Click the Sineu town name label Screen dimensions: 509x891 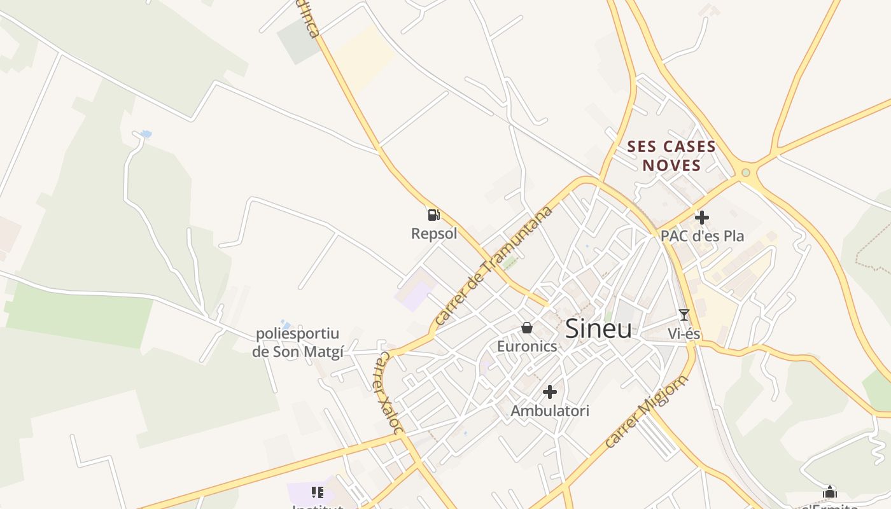pyautogui.click(x=598, y=329)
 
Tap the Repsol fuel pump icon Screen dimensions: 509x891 pyautogui.click(x=433, y=215)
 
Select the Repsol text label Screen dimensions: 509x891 pyautogui.click(x=434, y=234)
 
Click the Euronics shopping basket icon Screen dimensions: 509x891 pyautogui.click(x=527, y=328)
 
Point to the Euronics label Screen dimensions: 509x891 pyautogui.click(x=527, y=346)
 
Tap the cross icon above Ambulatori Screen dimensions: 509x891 pyautogui.click(x=550, y=392)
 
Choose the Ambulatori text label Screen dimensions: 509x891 pyautogui.click(x=550, y=410)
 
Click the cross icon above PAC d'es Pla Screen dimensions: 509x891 pyautogui.click(x=702, y=218)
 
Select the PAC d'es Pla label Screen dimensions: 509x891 pyautogui.click(x=702, y=235)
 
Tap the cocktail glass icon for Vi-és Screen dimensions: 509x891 pyautogui.click(x=684, y=315)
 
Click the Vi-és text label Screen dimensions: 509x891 pyautogui.click(x=684, y=333)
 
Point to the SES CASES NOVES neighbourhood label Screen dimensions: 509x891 pyautogui.click(x=671, y=156)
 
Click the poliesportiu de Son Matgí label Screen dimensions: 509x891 pyautogui.click(x=298, y=342)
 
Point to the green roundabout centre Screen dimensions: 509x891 pyautogui.click(x=746, y=172)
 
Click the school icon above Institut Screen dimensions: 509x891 pyautogui.click(x=318, y=492)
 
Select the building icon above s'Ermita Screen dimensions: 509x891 pyautogui.click(x=830, y=492)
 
